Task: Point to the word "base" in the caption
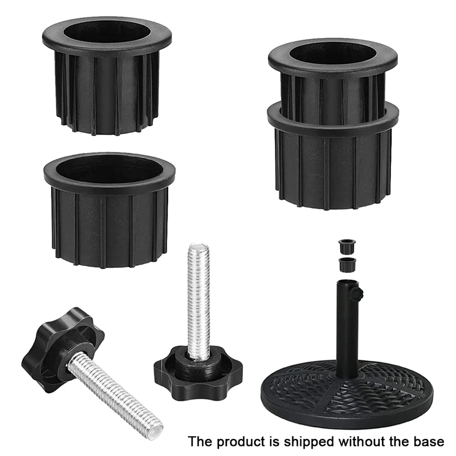click(428, 441)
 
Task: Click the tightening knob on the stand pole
click(357, 294)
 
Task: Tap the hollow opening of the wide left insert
click(109, 168)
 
